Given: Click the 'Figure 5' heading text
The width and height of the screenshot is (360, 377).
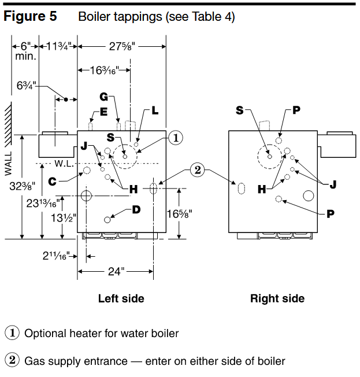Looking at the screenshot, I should pos(30,17).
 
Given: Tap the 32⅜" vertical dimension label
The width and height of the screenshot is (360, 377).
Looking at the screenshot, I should pos(21,186).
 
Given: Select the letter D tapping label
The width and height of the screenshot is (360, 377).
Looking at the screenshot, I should pos(136,210).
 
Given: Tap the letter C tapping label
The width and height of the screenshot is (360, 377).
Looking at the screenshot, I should pos(52,182).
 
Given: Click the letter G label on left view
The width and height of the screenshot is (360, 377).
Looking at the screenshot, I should pos(104,97).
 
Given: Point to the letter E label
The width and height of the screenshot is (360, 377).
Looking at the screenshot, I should pos(103,112).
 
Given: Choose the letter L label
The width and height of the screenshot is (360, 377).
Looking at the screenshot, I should pos(155,110).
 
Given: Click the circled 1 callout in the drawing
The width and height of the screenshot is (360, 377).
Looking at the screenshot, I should pos(176,137).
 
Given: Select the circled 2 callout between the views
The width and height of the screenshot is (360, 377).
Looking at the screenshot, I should pos(197,170).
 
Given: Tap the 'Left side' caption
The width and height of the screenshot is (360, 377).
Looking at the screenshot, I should pos(121,299).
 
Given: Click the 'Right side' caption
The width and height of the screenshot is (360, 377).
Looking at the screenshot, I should pos(277,299).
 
